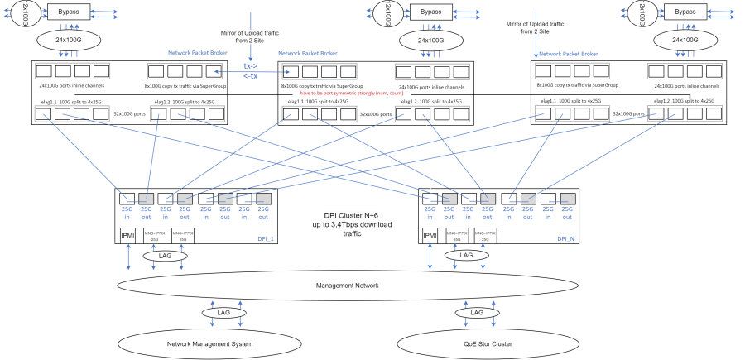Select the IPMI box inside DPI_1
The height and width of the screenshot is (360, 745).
[127, 237]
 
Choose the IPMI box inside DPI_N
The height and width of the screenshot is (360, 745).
[430, 237]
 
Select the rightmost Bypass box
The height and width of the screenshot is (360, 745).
[685, 12]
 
